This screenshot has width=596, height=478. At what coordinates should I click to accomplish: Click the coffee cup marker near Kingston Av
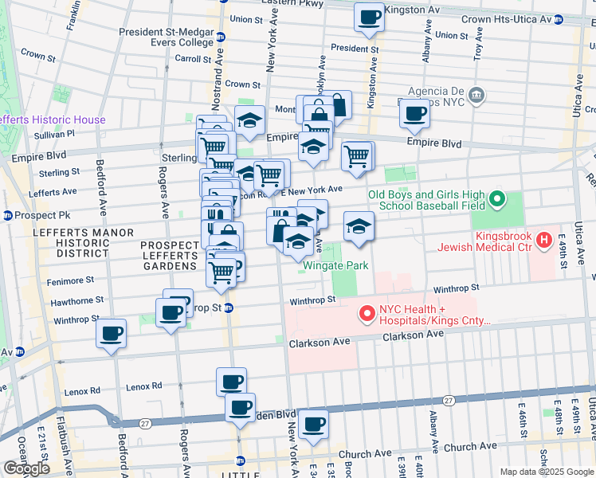tap(369, 18)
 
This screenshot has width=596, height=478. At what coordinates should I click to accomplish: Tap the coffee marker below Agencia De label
tap(414, 114)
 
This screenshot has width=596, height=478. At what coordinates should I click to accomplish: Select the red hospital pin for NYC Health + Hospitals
tap(367, 315)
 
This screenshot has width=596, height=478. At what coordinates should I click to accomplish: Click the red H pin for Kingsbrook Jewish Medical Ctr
tap(545, 239)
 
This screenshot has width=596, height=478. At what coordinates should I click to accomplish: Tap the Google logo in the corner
tap(27, 468)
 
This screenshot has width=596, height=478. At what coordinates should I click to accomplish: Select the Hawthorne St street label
tap(77, 300)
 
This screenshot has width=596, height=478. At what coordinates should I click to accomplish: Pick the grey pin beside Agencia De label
tap(477, 96)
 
